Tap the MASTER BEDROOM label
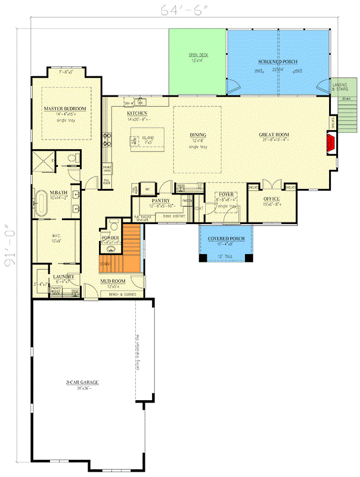click(65, 109)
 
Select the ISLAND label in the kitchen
click(147, 138)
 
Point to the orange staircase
click(131, 246)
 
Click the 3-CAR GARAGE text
click(83, 382)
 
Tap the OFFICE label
click(271, 200)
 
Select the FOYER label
click(226, 194)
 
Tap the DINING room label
click(197, 135)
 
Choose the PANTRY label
click(160, 201)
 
